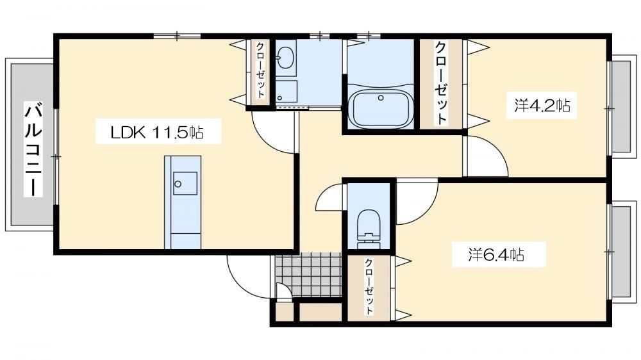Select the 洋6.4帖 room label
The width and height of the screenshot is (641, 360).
[x=496, y=254]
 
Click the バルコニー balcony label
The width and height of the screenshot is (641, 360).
[x=33, y=150]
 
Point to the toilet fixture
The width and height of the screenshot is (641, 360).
[x=369, y=229]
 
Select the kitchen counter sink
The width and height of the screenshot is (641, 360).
[x=185, y=183]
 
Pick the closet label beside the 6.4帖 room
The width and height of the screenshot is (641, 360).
[x=369, y=286]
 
